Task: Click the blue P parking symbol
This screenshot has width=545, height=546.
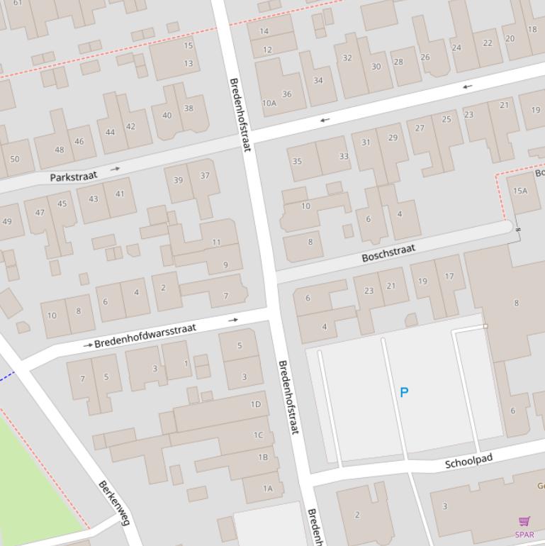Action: [x=404, y=392]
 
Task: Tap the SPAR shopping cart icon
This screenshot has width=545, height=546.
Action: [x=524, y=522]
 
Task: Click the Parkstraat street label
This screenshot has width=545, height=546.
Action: [x=73, y=175]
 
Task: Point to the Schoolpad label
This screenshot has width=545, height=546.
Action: [x=468, y=462]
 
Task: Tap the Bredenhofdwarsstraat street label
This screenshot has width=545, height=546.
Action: [x=145, y=333]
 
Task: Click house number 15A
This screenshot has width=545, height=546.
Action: [x=520, y=191]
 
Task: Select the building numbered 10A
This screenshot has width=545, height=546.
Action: [x=269, y=104]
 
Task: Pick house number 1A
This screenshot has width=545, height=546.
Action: [x=267, y=488]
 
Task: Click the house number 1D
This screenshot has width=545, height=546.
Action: [x=256, y=404]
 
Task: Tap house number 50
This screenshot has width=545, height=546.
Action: [x=14, y=159]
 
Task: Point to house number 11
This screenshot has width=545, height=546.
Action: [x=216, y=243]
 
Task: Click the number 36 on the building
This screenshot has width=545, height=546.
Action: [x=286, y=94]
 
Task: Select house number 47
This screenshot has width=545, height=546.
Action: [x=40, y=212]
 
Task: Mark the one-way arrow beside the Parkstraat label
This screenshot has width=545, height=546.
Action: [x=115, y=169]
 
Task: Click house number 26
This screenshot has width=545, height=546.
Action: [x=425, y=57]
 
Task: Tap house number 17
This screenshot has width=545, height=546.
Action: [x=449, y=277]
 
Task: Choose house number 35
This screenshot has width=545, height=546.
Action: [x=297, y=161]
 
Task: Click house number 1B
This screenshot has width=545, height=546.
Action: [x=263, y=457]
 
